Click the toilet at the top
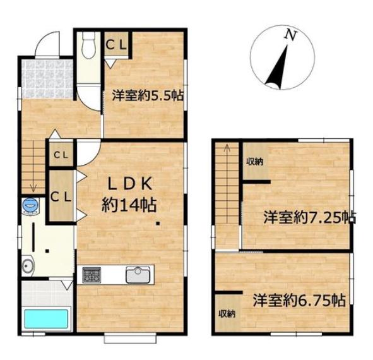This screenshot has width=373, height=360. [x=88, y=45]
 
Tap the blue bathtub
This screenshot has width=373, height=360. [x=46, y=318]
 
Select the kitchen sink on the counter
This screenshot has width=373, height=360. [x=138, y=275]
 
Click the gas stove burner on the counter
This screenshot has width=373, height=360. [x=92, y=275]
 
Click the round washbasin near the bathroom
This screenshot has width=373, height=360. [x=28, y=265]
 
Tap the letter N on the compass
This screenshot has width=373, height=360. [x=291, y=35]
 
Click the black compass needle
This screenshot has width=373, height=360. [x=277, y=68]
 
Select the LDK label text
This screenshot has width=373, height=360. [x=129, y=184]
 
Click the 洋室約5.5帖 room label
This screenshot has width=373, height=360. [x=148, y=95]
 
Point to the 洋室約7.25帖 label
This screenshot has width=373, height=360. [x=310, y=217]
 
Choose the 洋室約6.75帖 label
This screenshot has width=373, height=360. [x=299, y=301]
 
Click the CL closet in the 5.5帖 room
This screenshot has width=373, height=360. [x=116, y=44]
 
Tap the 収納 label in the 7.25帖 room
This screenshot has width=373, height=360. [x=254, y=162]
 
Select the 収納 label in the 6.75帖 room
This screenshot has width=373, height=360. [x=227, y=314]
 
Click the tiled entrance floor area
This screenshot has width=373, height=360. [x=47, y=79]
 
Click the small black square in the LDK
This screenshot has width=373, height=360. [x=158, y=224]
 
